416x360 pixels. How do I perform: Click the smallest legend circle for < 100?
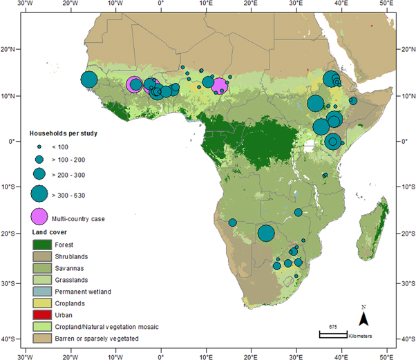pos(39,146)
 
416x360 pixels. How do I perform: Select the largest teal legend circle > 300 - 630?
pos(39,193)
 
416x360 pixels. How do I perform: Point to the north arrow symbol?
pos(363,318)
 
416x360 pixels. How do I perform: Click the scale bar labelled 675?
pos(332,334)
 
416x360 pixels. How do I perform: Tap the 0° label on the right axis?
pos(406,141)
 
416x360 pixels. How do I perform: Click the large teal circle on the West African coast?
pos(88,79)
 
